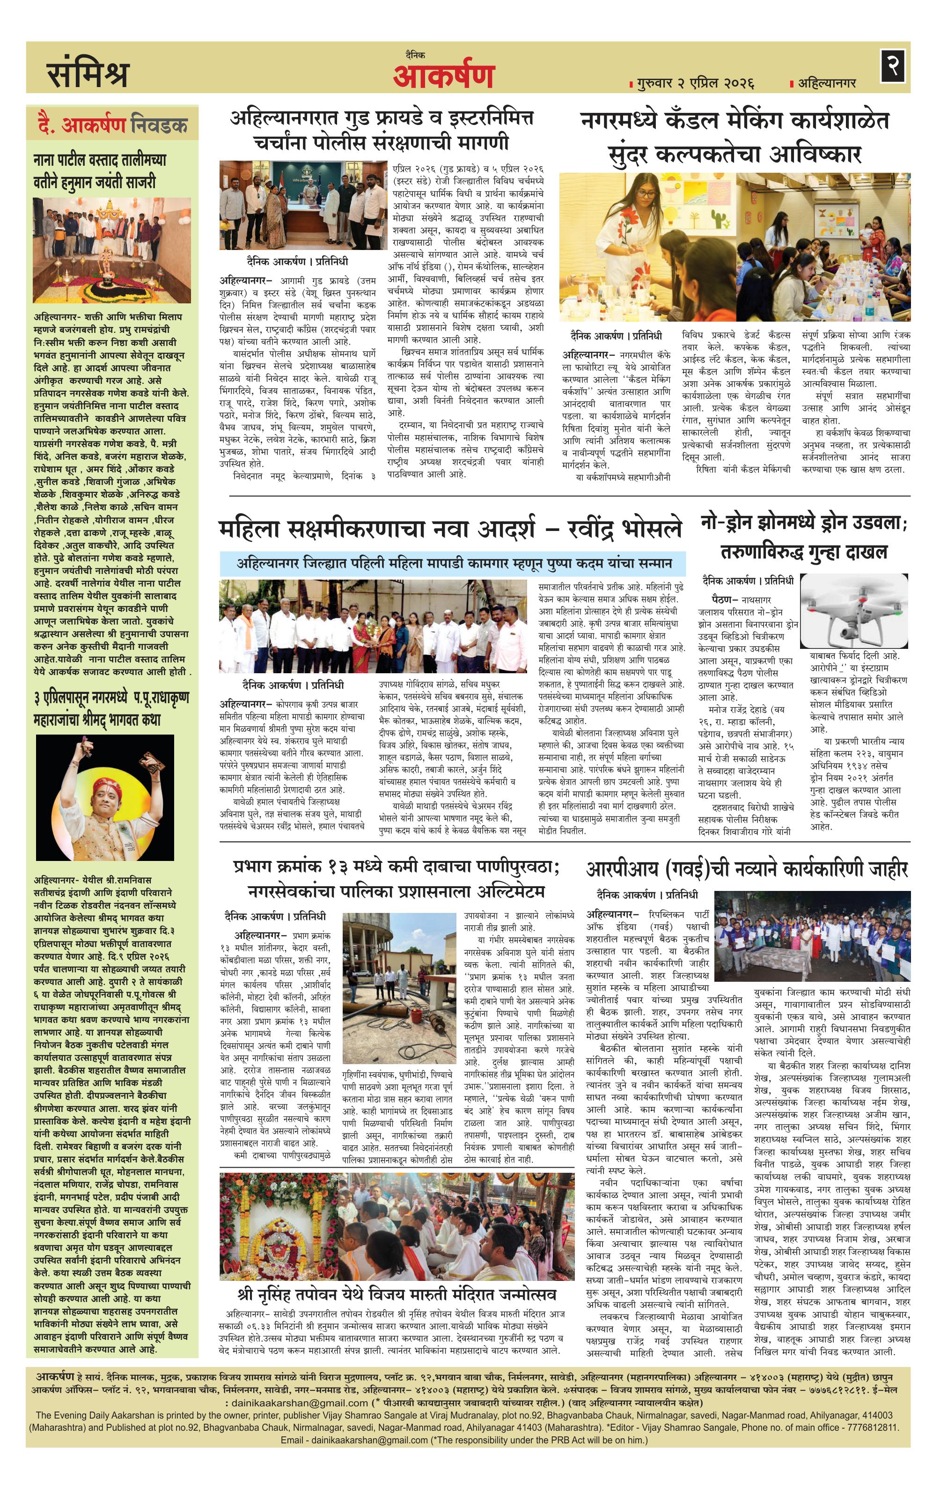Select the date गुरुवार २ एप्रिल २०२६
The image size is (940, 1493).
pyautogui.click(x=694, y=83)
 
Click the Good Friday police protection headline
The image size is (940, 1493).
pyautogui.click(x=381, y=130)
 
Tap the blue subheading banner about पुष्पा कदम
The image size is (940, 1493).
pyautogui.click(x=453, y=564)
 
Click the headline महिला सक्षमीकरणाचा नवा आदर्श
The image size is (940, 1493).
pyautogui.click(x=449, y=529)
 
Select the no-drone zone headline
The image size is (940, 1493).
pyautogui.click(x=804, y=537)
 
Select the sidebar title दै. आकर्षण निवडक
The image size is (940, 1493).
pyautogui.click(x=113, y=126)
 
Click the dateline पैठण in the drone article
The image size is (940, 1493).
pyautogui.click(x=726, y=600)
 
